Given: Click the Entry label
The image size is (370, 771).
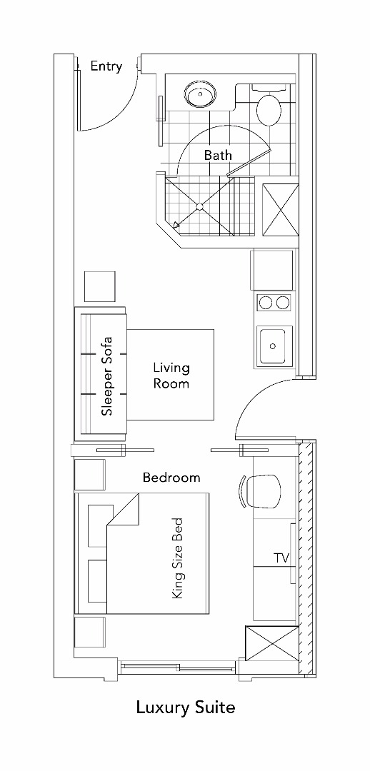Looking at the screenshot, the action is click(106, 67).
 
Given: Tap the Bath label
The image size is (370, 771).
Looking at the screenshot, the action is click(218, 156).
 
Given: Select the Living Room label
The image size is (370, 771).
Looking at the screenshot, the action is click(171, 376).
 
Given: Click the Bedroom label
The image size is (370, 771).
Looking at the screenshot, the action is click(171, 478).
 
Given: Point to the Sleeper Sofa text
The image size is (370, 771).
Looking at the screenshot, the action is click(106, 376).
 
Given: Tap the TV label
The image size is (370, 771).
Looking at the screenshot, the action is click(281, 558).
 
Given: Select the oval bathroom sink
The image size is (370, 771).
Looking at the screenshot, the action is click(200, 94).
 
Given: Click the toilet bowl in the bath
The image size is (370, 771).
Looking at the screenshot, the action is click(269, 110).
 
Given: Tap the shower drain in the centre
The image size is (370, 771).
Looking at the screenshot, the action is click(200, 207).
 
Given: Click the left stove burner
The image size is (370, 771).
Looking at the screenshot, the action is click(266, 303).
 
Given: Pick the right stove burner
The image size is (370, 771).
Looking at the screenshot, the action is click(282, 303).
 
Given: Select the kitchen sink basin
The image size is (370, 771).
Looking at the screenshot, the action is click(273, 346).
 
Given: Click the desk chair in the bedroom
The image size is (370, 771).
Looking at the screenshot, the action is click(261, 491).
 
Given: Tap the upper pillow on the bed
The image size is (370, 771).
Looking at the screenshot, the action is click(101, 525).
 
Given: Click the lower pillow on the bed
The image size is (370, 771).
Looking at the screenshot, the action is click(98, 580).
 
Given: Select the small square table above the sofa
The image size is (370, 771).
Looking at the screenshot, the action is click(100, 287).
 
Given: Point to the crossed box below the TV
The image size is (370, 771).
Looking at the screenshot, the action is click(271, 650).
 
